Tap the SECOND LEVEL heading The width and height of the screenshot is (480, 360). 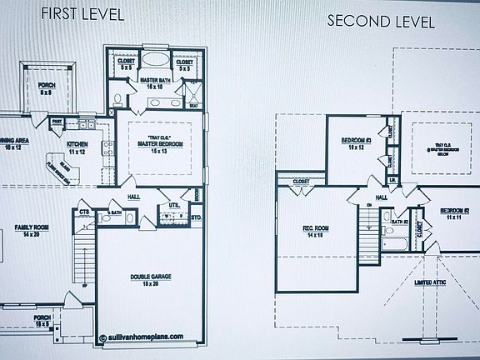[x=381, y=22]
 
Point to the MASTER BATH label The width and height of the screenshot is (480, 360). [x=153, y=81]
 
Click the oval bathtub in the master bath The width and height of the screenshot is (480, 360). [x=154, y=60]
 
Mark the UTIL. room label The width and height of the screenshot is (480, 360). [x=175, y=204]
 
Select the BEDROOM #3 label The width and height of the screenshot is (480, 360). [x=357, y=142]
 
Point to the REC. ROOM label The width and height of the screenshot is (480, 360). [x=317, y=232]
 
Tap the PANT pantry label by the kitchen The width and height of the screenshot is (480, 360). [x=57, y=122]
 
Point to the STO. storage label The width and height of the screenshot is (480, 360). [x=197, y=218]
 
